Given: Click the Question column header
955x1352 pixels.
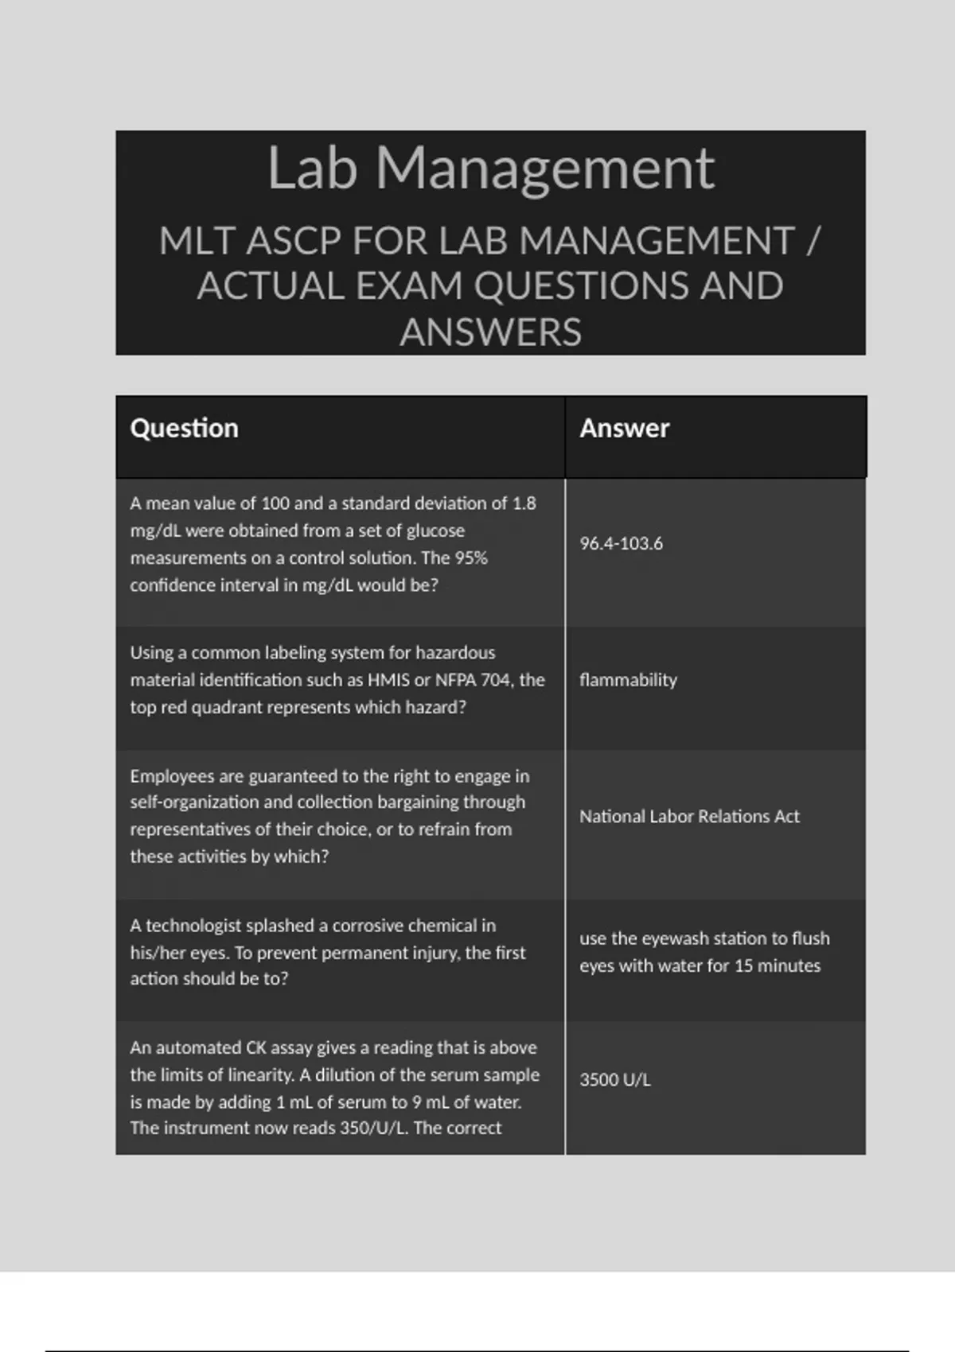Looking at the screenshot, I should (184, 429).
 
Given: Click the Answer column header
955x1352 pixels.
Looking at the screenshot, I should (624, 429).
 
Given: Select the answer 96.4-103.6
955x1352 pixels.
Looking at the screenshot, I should (621, 544).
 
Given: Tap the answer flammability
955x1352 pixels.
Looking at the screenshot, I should (628, 680).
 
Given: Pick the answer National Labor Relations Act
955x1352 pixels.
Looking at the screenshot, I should (689, 817).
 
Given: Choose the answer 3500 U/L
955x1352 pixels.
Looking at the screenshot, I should (614, 1080).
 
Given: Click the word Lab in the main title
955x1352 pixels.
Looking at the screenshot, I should (311, 169).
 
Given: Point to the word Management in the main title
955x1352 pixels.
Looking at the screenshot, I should (545, 169).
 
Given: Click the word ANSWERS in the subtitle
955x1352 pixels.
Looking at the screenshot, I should (490, 332).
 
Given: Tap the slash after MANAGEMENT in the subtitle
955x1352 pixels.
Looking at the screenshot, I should (813, 241).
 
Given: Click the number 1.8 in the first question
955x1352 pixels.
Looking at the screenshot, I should (524, 503).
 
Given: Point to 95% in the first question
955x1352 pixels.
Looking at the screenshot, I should (470, 558).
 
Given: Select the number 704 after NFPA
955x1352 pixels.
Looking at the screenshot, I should (496, 680).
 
